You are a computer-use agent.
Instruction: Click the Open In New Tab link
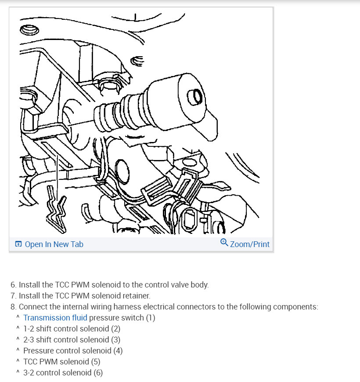pyautogui.click(x=54, y=244)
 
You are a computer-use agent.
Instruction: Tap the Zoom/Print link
pyautogui.click(x=249, y=244)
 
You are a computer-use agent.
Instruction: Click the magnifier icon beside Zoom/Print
pyautogui.click(x=224, y=243)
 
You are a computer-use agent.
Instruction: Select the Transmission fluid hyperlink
pyautogui.click(x=55, y=318)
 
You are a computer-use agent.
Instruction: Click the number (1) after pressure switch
pyautogui.click(x=151, y=318)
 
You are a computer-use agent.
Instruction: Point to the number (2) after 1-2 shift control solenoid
pyautogui.click(x=116, y=329)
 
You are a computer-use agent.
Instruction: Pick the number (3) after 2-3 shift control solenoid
pyautogui.click(x=116, y=340)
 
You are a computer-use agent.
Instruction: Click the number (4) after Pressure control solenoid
pyautogui.click(x=118, y=351)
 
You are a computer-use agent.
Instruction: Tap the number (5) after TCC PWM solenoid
pyautogui.click(x=96, y=361)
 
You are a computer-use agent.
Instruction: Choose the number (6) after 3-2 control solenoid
pyautogui.click(x=98, y=372)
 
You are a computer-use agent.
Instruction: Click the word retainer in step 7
pyautogui.click(x=137, y=296)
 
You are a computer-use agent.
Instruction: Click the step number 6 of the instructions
pyautogui.click(x=13, y=285)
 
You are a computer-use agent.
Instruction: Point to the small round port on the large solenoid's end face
pyautogui.click(x=194, y=97)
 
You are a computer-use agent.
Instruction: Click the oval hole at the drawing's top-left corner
pyautogui.click(x=29, y=30)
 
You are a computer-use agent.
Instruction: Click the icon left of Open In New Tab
pyautogui.click(x=18, y=244)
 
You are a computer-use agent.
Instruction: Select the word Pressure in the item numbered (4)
pyautogui.click(x=40, y=351)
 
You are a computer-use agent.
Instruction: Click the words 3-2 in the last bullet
pyautogui.click(x=29, y=372)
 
